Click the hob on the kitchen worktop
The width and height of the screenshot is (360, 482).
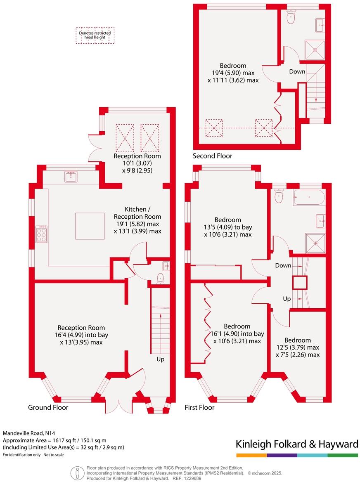42,234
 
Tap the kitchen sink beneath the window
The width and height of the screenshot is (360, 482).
71,177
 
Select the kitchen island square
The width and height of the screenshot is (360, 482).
90,226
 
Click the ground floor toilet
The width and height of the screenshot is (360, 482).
161,279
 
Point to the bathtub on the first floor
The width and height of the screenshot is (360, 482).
309,198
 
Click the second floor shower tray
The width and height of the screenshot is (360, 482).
315,50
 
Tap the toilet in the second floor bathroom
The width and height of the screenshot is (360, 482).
291,17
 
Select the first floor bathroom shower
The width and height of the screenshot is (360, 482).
315,243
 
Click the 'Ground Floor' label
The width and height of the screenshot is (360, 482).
48,407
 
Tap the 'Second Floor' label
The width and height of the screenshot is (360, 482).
212,156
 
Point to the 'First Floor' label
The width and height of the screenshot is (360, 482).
199,407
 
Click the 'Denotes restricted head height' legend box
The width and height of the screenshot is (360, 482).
95,35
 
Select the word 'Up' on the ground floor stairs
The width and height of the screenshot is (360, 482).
160,359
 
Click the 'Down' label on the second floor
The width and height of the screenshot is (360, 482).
297,71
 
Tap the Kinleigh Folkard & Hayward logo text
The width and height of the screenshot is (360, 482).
296,444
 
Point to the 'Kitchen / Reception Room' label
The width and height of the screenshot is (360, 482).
137,213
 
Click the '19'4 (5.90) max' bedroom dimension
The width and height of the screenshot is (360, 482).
233,73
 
